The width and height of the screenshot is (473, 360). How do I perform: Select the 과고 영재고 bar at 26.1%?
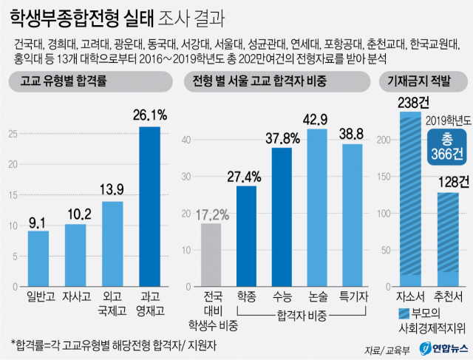(150, 206)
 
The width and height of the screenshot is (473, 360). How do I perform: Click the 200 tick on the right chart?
(381, 137)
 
